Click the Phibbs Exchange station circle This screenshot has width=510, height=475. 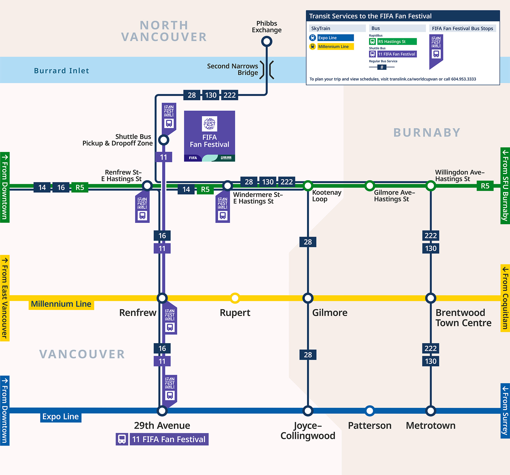click(x=267, y=41)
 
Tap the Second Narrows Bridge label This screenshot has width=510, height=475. click(x=233, y=69)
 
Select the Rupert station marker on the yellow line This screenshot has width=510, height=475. click(x=235, y=298)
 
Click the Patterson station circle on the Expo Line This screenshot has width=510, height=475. click(x=369, y=411)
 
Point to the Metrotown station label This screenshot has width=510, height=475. click(x=430, y=426)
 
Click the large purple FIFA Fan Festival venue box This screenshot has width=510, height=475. click(x=209, y=136)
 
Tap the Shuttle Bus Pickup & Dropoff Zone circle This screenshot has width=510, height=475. click(x=164, y=140)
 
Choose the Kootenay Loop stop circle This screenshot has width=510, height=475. click(x=308, y=186)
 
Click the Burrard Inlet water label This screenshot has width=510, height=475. click(x=61, y=71)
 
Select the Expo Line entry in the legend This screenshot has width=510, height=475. click(x=335, y=38)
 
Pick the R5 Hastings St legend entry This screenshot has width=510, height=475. click(x=397, y=41)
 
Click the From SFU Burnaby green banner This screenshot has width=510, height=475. click(x=505, y=186)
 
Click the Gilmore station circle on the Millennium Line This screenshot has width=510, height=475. click(x=308, y=298)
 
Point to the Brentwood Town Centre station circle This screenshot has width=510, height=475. click(x=431, y=298)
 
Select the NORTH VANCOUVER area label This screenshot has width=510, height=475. click(x=164, y=31)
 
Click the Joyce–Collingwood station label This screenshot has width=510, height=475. click(x=308, y=430)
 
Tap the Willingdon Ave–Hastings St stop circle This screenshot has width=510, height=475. click(x=431, y=186)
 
